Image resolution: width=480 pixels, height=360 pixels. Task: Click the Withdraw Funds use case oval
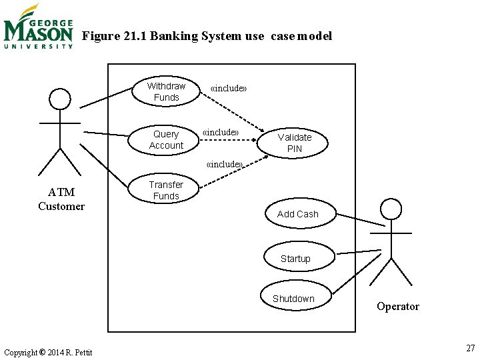click(166, 92)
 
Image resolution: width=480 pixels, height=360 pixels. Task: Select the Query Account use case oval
click(166, 140)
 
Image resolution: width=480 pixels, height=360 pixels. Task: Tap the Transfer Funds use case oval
click(166, 190)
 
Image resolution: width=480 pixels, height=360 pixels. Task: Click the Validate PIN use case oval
click(295, 143)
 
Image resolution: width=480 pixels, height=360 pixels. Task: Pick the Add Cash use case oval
click(298, 214)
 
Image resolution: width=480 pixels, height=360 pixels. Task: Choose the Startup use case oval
click(295, 259)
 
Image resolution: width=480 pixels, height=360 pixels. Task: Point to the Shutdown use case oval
click(293, 299)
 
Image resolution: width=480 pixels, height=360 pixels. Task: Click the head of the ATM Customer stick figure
click(60, 99)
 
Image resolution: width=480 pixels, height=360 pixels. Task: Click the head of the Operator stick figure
click(391, 209)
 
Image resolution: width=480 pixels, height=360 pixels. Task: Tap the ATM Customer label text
click(61, 199)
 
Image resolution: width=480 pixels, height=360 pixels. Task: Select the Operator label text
click(398, 307)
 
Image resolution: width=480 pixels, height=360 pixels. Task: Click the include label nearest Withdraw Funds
click(229, 88)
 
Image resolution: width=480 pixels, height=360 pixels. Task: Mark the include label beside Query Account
click(221, 132)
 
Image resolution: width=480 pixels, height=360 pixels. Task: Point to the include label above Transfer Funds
click(225, 164)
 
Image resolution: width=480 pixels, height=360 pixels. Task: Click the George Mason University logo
click(38, 27)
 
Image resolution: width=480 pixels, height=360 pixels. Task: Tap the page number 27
click(471, 348)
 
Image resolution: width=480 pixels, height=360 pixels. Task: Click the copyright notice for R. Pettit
click(48, 352)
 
